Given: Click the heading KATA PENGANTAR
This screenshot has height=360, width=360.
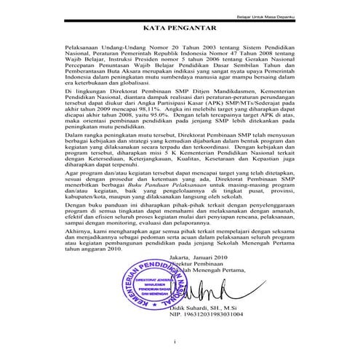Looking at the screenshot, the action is tap(180, 29).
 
